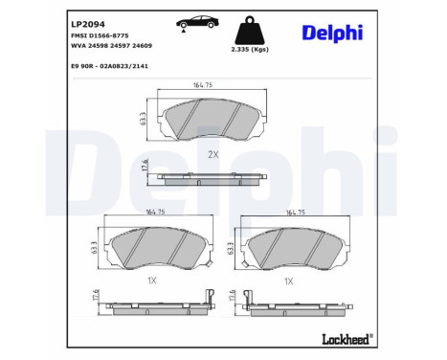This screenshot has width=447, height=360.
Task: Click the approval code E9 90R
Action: [x=81, y=66]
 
